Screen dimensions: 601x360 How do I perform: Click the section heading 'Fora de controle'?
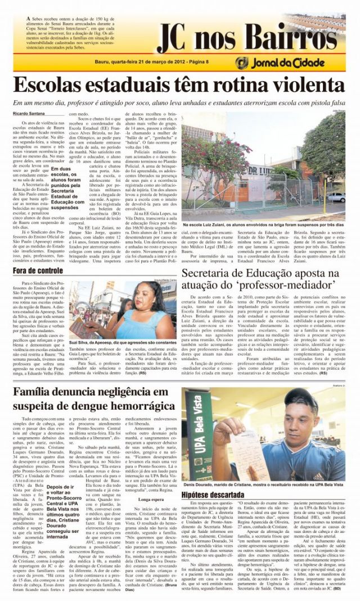(x=38, y=270)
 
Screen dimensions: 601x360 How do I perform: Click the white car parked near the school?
(x=352, y=196)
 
